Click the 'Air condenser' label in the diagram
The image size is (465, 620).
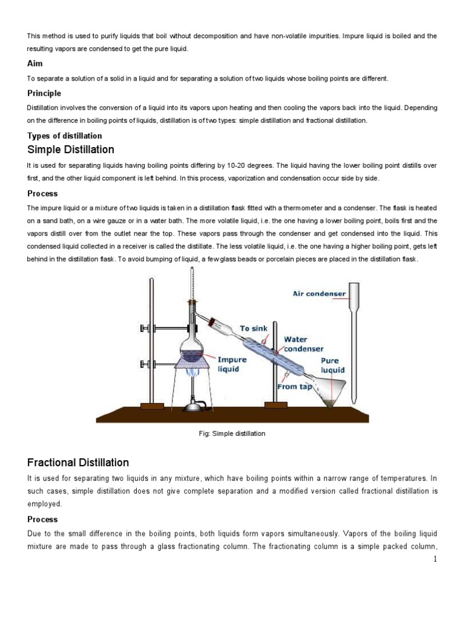[x=319, y=294]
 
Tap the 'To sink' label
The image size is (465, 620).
[x=253, y=329]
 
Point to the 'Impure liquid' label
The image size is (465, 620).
[x=232, y=364]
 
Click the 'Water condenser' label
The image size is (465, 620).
[x=303, y=344]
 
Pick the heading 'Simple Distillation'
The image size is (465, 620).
[x=71, y=150]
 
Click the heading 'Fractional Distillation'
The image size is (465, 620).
[x=78, y=463]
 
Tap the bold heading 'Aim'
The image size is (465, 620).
[x=35, y=64]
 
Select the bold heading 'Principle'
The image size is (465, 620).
[x=44, y=93]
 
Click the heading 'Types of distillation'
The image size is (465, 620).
[x=65, y=136]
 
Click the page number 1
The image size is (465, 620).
[x=435, y=559]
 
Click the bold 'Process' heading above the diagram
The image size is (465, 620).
[x=42, y=194]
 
